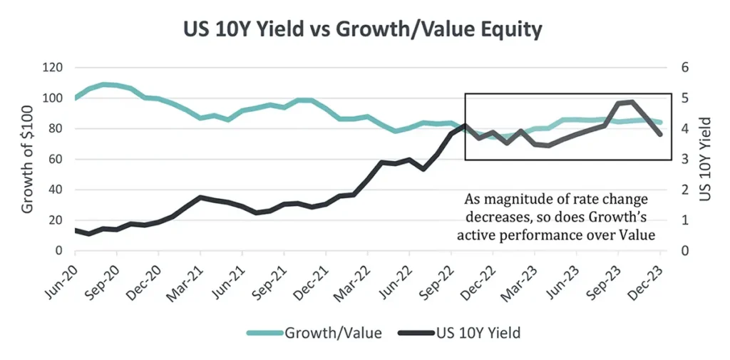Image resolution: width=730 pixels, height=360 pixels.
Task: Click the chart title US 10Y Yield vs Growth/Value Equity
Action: click(364, 30)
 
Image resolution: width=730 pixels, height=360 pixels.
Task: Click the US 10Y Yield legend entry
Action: click(456, 332)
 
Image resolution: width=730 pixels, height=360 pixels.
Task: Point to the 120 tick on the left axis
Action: click(53, 68)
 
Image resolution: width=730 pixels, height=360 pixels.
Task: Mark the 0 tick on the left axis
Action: click(60, 252)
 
